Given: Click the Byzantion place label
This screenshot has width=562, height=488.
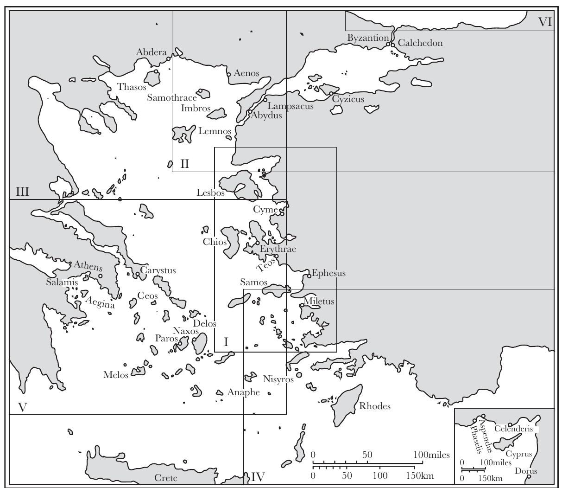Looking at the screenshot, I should [368, 38].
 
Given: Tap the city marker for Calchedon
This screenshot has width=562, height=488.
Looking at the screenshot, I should [392, 45].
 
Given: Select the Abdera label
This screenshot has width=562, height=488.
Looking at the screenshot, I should [151, 52].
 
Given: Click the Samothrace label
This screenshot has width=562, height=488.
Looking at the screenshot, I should [172, 97].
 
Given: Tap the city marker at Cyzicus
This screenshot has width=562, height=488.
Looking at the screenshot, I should [331, 94].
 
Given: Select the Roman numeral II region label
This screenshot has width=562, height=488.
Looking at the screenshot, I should [184, 163].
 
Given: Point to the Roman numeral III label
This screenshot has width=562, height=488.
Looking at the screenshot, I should [23, 192].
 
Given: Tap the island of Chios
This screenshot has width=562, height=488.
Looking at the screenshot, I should [230, 241].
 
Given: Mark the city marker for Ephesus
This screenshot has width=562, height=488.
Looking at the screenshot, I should [309, 276].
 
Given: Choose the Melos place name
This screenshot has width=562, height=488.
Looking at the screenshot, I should [116, 375].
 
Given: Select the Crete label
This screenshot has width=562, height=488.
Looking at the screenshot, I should [165, 478].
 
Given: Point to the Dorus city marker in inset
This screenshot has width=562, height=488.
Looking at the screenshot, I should [529, 476].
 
